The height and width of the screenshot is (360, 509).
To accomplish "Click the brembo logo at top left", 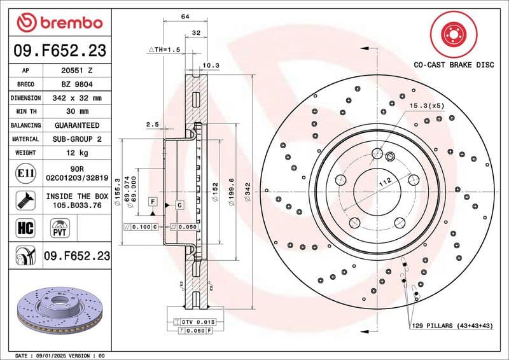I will point(60,23).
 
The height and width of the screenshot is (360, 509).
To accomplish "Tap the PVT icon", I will point(60,227).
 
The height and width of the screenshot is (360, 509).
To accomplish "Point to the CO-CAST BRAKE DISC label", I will point(454,65).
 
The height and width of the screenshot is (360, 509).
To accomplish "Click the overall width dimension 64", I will point(185,17).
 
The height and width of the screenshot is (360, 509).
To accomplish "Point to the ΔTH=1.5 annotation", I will point(165,49).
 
